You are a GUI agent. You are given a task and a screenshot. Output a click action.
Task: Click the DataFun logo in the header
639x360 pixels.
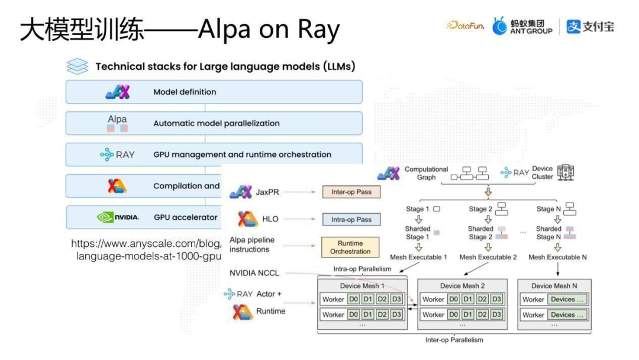click(465, 26)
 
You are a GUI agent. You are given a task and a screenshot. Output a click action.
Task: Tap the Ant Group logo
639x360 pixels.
click(522, 26)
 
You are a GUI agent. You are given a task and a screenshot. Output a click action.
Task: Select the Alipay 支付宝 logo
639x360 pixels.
click(590, 26)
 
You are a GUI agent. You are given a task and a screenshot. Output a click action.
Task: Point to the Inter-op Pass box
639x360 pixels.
click(351, 192)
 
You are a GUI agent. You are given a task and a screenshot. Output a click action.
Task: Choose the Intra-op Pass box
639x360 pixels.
click(351, 220)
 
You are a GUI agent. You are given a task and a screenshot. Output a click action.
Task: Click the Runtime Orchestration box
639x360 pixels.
click(350, 247)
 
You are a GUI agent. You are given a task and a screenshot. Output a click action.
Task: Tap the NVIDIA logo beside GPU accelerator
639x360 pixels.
click(118, 217)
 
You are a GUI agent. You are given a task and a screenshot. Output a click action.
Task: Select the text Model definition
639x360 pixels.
click(185, 92)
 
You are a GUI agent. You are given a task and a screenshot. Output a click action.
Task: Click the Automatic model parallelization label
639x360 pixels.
click(217, 124)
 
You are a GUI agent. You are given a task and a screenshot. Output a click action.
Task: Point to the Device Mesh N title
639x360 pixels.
click(554, 286)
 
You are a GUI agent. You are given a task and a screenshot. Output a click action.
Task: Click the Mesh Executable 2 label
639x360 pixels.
click(488, 258)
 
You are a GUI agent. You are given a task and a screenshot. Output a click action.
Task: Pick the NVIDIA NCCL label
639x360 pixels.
click(254, 273)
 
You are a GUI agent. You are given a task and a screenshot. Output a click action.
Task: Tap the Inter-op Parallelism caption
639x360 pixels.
click(454, 340)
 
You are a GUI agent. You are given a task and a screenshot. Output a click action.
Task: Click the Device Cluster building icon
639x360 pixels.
click(566, 172)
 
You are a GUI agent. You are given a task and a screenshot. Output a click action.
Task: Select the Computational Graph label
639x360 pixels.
click(426, 173)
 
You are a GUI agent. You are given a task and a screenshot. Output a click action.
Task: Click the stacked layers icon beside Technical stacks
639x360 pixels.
click(78, 66)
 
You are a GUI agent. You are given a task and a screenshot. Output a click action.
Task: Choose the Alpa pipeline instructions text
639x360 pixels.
click(252, 245)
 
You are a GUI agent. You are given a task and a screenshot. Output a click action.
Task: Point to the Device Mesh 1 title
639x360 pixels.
click(363, 286)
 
